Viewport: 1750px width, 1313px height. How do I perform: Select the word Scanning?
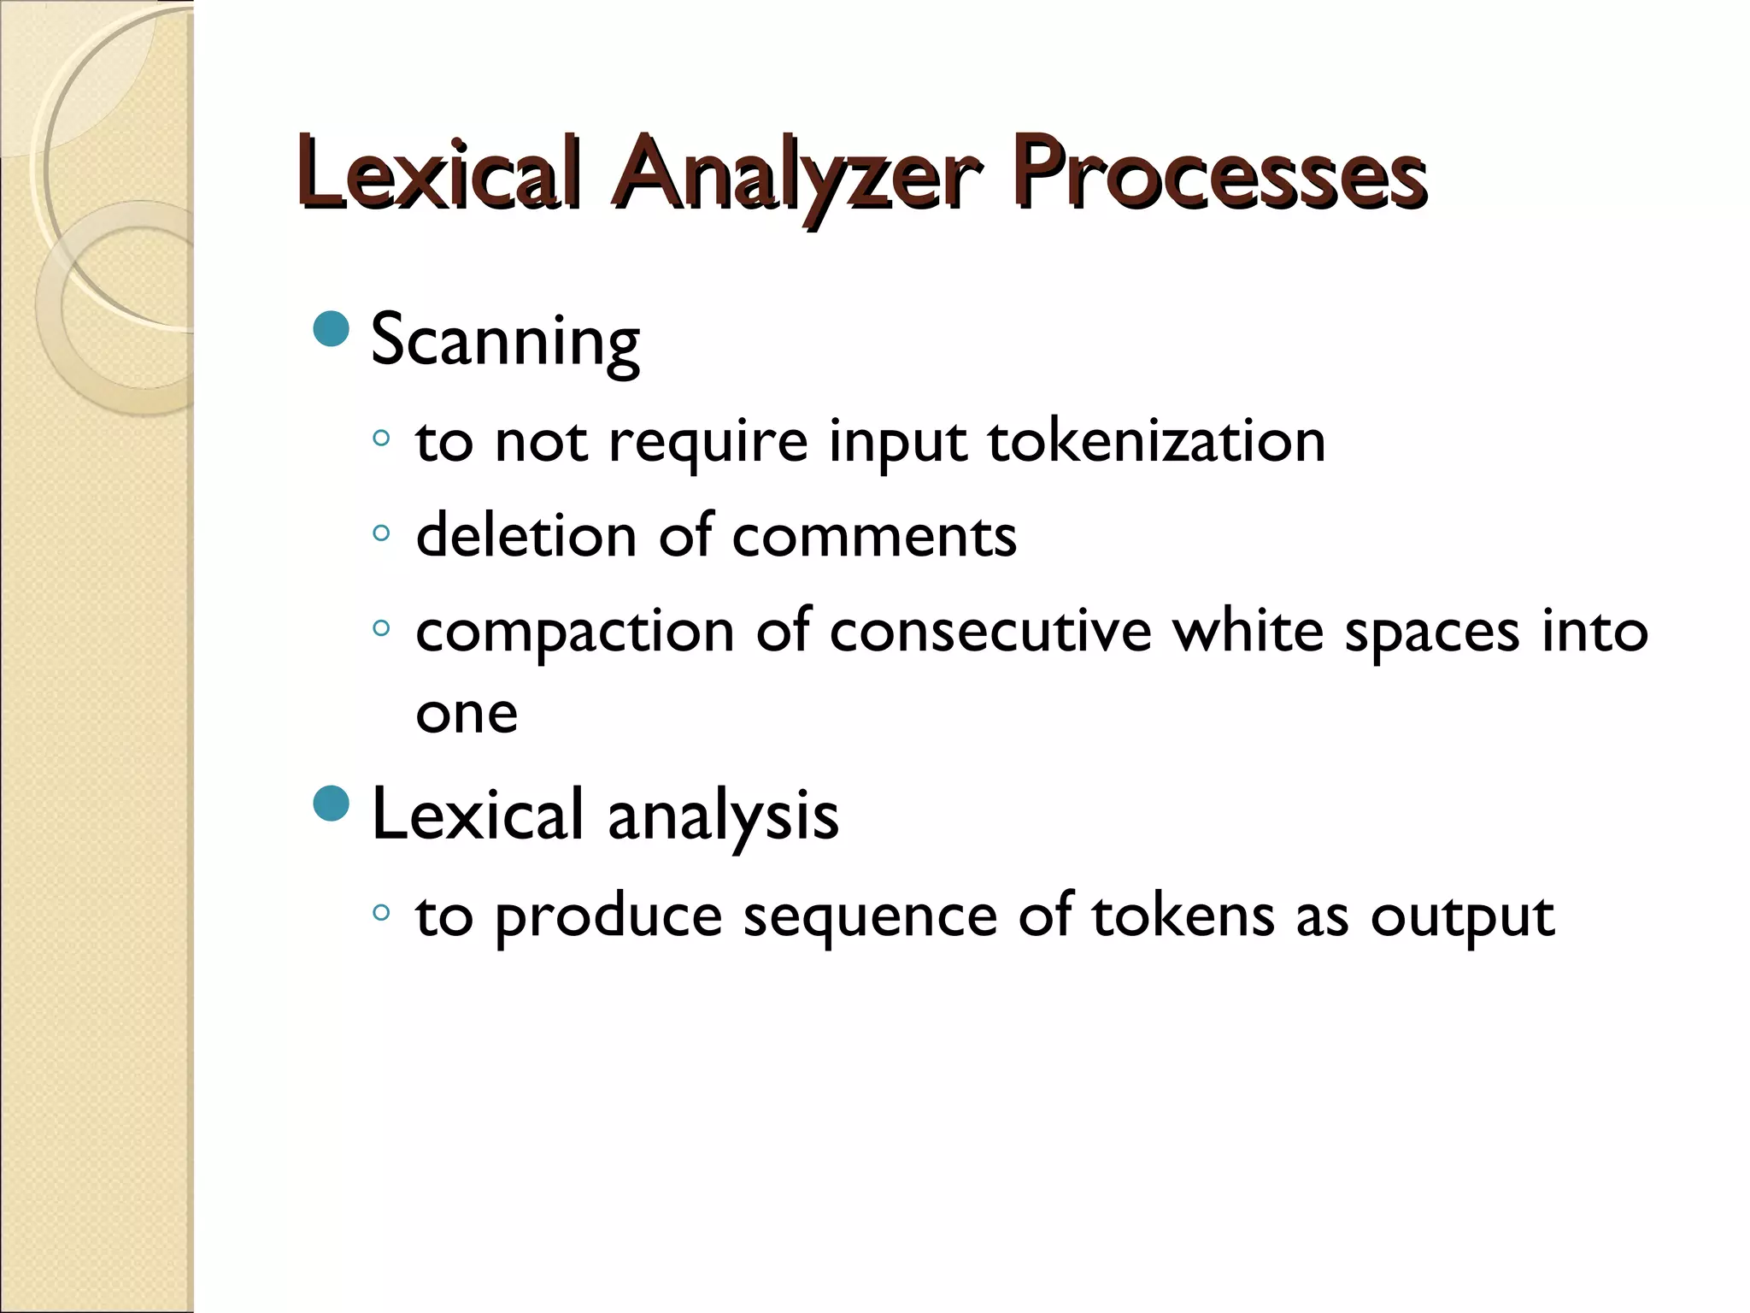[505, 341]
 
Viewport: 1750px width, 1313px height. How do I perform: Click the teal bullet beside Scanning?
[332, 328]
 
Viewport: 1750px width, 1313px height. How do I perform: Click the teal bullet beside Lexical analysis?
[332, 803]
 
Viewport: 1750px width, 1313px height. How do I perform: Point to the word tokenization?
[1156, 442]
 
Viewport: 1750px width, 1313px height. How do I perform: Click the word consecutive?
[990, 632]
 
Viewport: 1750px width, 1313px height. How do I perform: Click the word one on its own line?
[467, 715]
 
